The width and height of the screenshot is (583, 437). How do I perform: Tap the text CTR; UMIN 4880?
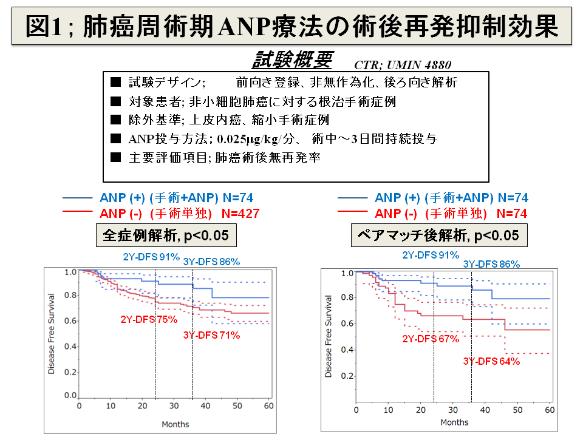(402, 64)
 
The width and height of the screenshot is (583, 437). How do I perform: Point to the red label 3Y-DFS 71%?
(211, 335)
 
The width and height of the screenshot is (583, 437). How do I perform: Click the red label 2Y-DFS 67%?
(431, 339)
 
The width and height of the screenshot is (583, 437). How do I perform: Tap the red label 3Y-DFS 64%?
(491, 361)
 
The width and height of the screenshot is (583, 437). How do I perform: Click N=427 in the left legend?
(240, 213)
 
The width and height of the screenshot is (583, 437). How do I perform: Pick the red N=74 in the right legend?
(512, 213)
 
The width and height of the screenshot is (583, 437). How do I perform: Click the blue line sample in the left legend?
(77, 198)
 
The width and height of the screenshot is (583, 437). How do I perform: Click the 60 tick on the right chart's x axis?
(549, 410)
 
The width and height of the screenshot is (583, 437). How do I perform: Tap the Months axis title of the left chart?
(176, 424)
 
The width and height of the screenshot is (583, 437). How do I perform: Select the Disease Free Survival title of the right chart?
(329, 336)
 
